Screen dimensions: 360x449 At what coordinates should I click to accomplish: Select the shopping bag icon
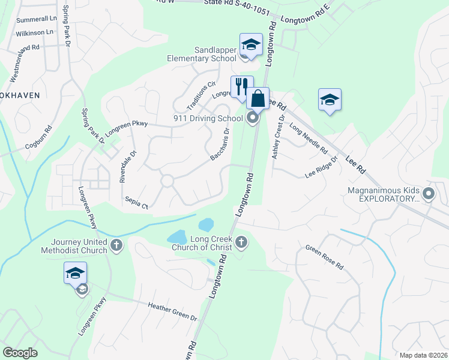(258, 98)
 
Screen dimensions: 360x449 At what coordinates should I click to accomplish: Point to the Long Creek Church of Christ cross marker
(241, 242)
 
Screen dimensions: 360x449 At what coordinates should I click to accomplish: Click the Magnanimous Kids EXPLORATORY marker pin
(428, 194)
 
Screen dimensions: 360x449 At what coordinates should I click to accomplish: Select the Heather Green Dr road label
(172, 311)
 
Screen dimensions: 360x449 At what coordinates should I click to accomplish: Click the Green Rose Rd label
(324, 257)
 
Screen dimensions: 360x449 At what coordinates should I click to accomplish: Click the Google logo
(20, 353)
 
